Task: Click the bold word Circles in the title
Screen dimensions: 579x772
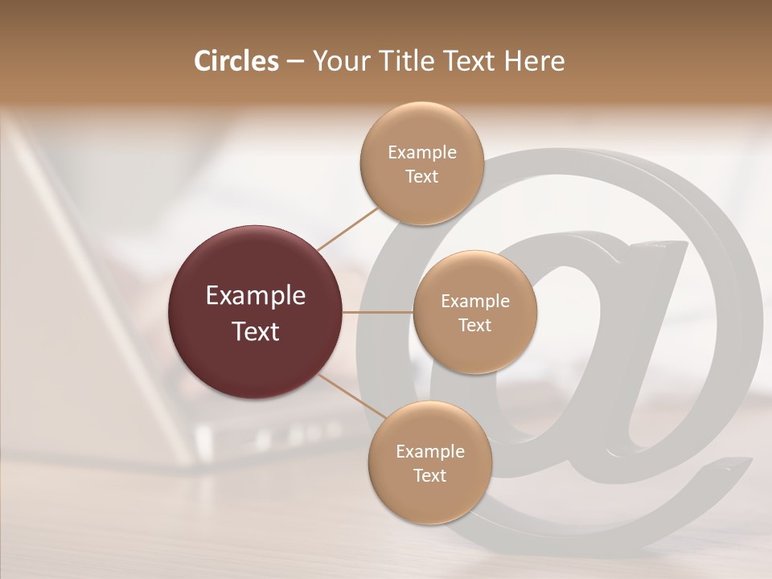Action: [x=236, y=61]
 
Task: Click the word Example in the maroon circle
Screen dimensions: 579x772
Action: [x=256, y=296]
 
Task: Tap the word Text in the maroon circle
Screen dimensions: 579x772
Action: [x=256, y=331]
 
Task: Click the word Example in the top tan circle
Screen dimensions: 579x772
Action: [x=422, y=152]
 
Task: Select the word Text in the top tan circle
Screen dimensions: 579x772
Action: [x=422, y=176]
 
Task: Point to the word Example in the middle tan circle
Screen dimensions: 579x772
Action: [x=475, y=301]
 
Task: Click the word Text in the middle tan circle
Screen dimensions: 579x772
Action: [x=475, y=325]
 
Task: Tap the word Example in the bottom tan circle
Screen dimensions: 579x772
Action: [x=430, y=451]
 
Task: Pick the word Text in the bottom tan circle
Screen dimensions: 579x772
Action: [x=430, y=475]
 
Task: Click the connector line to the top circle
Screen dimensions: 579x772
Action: [x=347, y=228]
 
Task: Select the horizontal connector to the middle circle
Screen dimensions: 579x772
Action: [x=378, y=312]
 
